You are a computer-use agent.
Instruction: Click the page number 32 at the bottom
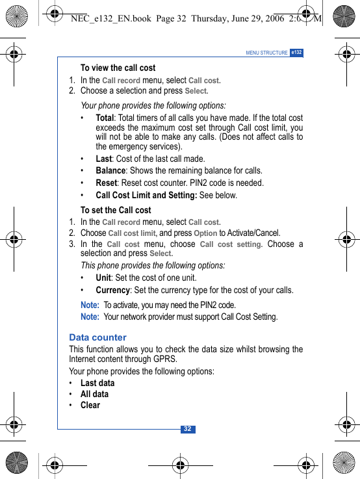click(187, 429)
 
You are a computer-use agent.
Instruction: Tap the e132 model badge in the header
click(296, 53)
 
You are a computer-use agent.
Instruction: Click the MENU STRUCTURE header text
click(266, 53)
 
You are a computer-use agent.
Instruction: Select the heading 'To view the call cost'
click(118, 68)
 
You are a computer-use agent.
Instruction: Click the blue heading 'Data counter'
click(97, 337)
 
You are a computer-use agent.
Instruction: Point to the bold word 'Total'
click(104, 118)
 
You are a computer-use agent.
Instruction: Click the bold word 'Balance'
click(110, 170)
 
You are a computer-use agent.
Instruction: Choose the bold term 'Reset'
click(106, 183)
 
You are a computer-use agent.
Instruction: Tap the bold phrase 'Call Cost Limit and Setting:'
click(146, 195)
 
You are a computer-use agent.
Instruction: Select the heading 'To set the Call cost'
click(116, 210)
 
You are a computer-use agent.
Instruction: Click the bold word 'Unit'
click(103, 278)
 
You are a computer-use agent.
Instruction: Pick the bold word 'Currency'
click(112, 290)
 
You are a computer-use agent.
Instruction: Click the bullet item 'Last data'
click(97, 383)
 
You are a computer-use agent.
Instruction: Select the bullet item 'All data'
click(94, 394)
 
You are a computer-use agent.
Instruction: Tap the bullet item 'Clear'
click(90, 405)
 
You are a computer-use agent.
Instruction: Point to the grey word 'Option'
click(205, 233)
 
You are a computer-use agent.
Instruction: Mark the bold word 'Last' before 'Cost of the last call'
click(103, 159)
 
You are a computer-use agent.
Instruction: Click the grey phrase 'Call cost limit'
click(132, 233)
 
